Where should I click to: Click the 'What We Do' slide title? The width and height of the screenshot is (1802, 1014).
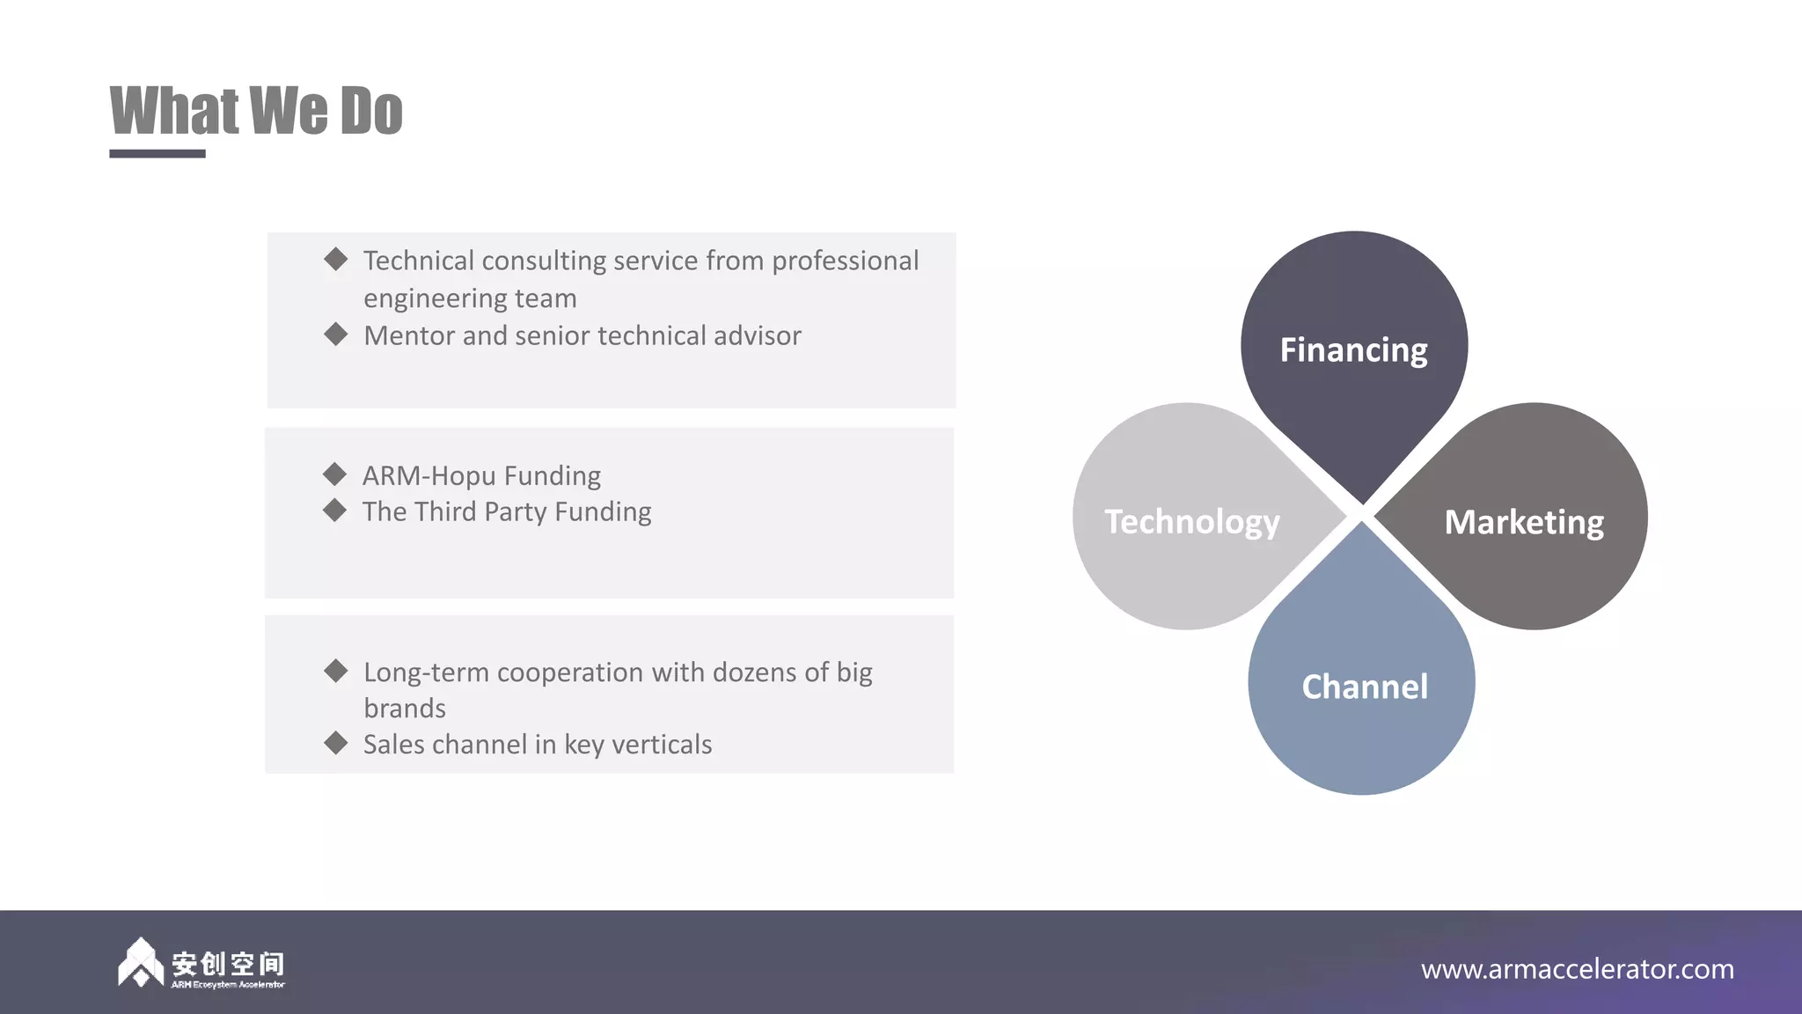click(x=256, y=112)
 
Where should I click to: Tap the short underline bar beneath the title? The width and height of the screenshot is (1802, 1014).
click(x=157, y=154)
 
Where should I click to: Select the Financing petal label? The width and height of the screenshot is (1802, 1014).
click(x=1353, y=350)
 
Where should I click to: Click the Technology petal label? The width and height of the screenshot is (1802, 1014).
click(x=1192, y=522)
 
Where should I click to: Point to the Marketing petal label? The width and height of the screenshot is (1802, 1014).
click(x=1524, y=522)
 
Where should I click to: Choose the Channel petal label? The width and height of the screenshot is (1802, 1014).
click(x=1365, y=687)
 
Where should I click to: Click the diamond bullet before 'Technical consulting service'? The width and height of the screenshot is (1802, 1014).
click(x=335, y=259)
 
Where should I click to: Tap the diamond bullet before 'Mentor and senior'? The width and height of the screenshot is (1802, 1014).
click(x=335, y=334)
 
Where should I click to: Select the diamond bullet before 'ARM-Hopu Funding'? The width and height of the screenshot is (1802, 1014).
click(x=334, y=474)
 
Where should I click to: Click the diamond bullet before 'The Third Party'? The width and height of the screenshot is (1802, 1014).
click(x=334, y=511)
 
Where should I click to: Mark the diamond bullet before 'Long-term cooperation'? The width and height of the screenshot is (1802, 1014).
click(x=335, y=671)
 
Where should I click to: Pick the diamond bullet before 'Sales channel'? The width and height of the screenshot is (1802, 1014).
click(x=335, y=743)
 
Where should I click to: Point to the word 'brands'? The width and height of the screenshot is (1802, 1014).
click(x=405, y=709)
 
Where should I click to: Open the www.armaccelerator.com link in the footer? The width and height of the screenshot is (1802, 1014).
click(x=1577, y=969)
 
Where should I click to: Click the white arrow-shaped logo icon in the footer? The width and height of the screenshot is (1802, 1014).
click(x=140, y=963)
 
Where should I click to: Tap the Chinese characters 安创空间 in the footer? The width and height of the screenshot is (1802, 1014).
click(x=228, y=963)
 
